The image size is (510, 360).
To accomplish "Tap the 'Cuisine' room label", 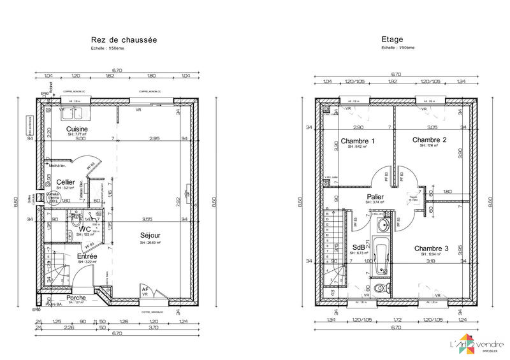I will point(77,129).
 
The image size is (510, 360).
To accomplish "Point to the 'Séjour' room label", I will point(150,235).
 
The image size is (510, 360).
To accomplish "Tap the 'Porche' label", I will point(76,298).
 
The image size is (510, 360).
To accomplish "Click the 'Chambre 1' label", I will point(358,140).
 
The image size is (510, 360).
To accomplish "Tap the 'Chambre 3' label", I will point(431,248).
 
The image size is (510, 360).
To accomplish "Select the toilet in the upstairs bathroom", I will point(381,289).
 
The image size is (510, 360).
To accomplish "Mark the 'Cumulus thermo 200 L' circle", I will point(52,198).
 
